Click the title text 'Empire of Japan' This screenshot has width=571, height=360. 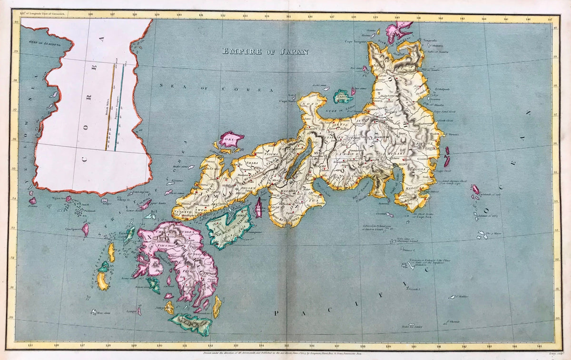pos(266,52)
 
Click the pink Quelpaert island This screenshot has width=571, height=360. pos(85,229)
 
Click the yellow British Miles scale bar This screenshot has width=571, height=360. pos(110,107)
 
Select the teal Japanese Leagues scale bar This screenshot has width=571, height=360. pos(119,107)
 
